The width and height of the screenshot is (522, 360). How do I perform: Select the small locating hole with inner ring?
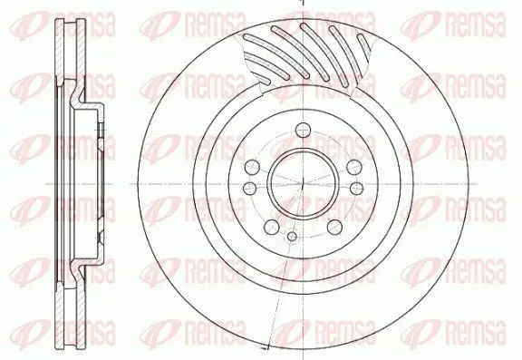[290, 238]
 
